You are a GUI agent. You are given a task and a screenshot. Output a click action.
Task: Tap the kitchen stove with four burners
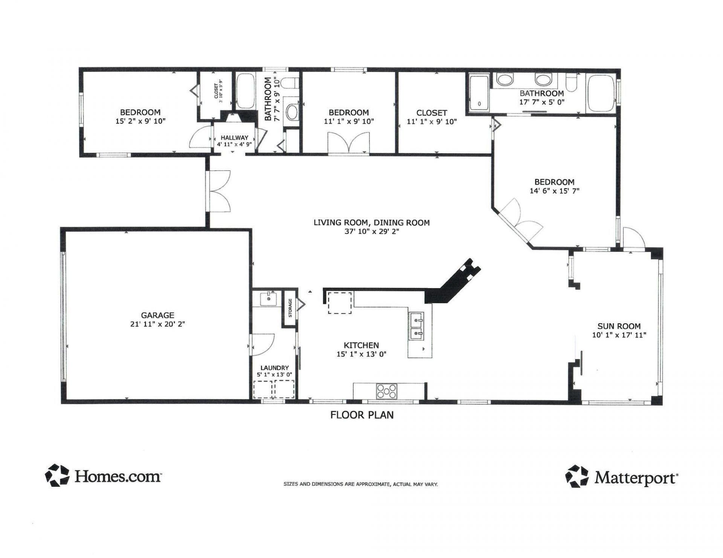387,391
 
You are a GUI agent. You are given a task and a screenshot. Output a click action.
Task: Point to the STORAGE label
290,307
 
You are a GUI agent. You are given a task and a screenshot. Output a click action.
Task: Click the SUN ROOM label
619,326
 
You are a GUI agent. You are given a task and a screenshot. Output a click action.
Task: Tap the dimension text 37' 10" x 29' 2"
371,232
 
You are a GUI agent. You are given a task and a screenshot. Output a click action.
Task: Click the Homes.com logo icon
57,475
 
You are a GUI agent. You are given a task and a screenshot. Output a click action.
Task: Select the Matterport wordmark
636,478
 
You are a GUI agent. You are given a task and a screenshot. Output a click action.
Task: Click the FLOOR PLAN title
362,415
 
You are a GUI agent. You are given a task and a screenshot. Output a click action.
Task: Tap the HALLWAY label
234,138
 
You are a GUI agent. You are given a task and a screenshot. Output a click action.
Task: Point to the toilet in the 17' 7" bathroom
571,83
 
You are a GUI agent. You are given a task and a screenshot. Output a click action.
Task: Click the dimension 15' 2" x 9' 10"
140,121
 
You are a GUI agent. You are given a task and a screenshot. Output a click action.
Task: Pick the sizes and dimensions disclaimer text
360,484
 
